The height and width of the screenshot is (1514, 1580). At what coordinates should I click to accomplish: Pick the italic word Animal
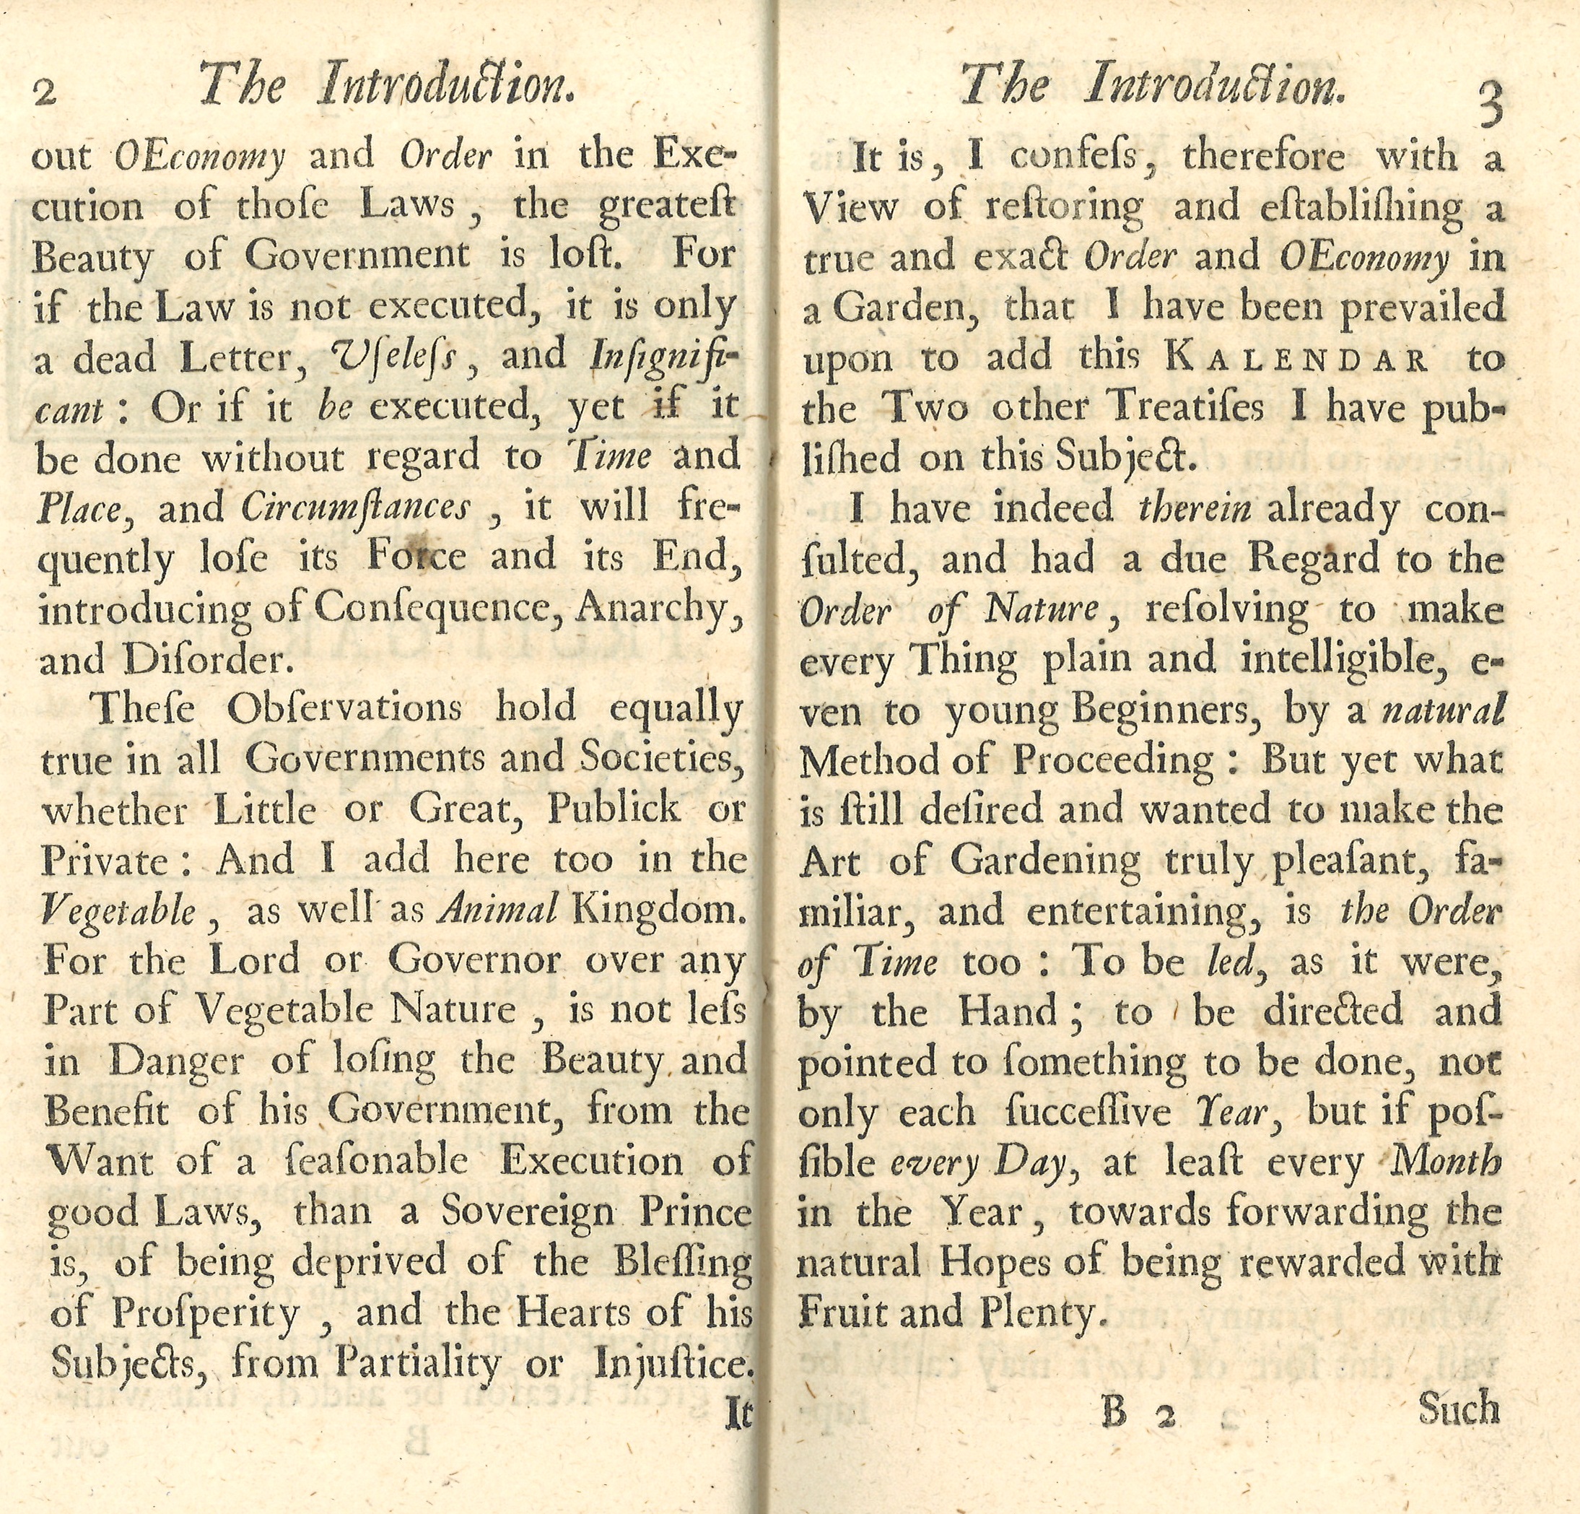tap(497, 910)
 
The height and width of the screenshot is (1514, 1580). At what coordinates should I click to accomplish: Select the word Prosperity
tap(205, 1313)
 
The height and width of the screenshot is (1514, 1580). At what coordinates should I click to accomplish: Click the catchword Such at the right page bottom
tap(1459, 1409)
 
